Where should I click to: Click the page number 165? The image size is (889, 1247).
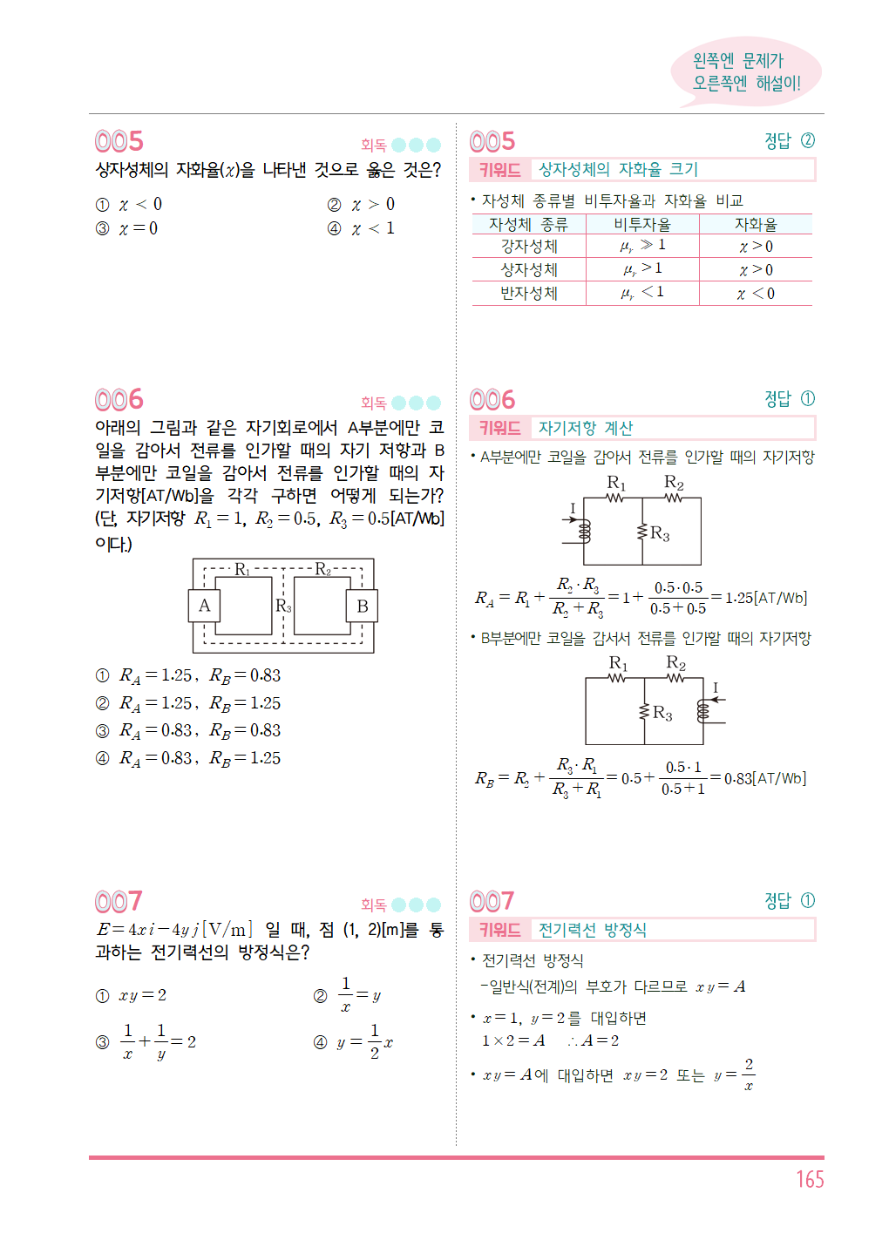[809, 1179]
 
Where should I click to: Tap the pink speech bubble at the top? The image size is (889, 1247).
[745, 72]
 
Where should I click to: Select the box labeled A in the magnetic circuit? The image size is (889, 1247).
[204, 606]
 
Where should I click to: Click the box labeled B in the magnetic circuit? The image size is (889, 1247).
[363, 606]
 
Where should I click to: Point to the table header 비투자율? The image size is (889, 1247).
[642, 224]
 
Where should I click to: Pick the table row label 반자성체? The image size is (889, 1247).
[528, 294]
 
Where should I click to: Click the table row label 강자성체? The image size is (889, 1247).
[528, 247]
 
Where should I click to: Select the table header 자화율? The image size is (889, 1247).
[755, 224]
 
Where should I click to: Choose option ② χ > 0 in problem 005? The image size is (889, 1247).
[362, 205]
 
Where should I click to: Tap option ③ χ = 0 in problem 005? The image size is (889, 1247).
[128, 228]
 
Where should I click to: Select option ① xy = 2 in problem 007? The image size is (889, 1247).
[132, 995]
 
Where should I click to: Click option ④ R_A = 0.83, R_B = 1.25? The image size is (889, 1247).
[188, 758]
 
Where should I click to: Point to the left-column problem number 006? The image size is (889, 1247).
[119, 400]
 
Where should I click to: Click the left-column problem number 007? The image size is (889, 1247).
[119, 901]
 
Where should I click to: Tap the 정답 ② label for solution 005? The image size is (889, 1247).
[789, 140]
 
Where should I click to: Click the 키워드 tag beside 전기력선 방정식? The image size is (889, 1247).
[499, 930]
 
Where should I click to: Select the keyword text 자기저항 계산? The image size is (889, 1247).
[585, 428]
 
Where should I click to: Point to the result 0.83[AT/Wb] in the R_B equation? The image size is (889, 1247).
[765, 778]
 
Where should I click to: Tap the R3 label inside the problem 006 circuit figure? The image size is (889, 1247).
[283, 606]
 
